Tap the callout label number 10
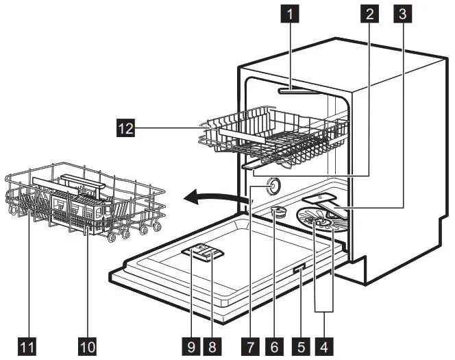click(x=86, y=343)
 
